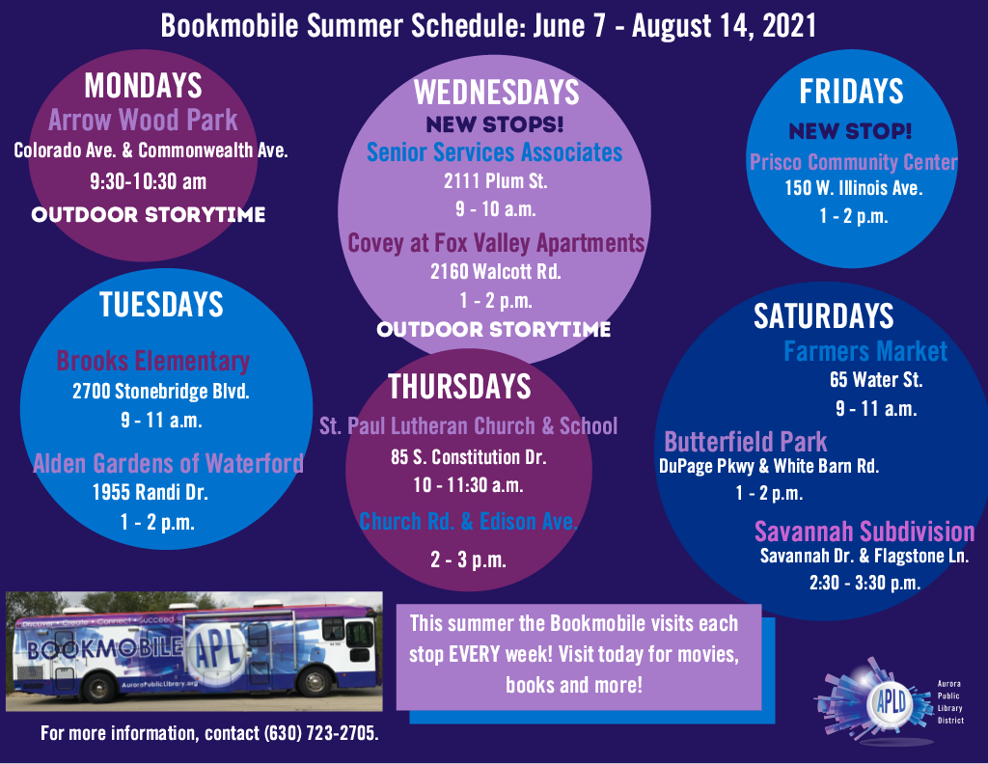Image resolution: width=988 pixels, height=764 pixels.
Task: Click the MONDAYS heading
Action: [x=143, y=86]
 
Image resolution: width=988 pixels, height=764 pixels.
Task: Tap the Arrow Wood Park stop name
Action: [x=143, y=120]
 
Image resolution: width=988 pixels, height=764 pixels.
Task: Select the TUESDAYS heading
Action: [x=161, y=305]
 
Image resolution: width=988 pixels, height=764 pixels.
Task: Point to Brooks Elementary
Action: [x=153, y=361]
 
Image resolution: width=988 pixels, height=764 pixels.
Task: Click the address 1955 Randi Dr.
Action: [x=150, y=492]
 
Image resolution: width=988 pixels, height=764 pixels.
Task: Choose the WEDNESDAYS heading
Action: [x=497, y=93]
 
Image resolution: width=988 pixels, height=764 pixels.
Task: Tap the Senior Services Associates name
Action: [x=495, y=152]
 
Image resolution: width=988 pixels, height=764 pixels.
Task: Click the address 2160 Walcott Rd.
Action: [x=496, y=271]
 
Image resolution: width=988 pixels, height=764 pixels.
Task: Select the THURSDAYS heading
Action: [x=459, y=387]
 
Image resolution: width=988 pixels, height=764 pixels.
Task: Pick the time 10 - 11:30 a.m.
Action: [x=468, y=485]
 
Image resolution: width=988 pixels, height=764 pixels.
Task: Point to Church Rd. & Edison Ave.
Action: [x=468, y=522]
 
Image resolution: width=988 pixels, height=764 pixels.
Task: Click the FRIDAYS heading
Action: [x=851, y=92]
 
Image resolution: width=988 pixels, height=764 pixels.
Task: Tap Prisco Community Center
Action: [x=853, y=162]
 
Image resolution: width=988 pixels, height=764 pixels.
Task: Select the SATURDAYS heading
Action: [x=824, y=316]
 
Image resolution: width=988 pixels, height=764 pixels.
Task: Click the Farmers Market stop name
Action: [x=865, y=351]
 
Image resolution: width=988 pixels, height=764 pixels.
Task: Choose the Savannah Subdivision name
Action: [x=864, y=532]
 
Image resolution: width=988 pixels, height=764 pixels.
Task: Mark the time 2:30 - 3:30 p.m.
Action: [x=864, y=583]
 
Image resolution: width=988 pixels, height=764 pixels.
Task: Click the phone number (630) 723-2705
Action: [x=321, y=733]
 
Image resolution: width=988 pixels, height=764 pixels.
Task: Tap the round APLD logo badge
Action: [x=892, y=701]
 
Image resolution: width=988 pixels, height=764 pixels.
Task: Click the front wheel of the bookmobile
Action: [x=315, y=682]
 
